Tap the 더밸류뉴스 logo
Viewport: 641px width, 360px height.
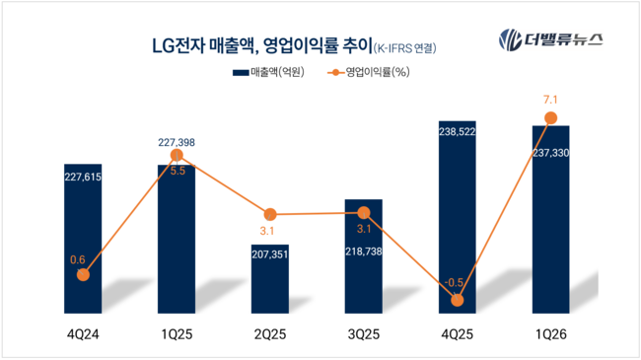[550, 40]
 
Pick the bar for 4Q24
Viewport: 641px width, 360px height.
[83, 247]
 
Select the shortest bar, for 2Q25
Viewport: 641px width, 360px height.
[269, 281]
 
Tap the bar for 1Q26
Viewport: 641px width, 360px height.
[550, 222]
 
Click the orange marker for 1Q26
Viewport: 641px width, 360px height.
[550, 118]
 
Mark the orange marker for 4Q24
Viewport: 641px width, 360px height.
[83, 274]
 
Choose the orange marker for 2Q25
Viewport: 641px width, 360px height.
[269, 214]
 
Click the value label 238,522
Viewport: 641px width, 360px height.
[456, 130]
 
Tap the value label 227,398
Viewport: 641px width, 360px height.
[176, 143]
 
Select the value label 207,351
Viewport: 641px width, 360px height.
[269, 253]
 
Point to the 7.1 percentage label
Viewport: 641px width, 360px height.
[550, 99]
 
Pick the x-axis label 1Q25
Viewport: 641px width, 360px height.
[176, 335]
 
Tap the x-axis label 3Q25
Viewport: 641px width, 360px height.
[363, 335]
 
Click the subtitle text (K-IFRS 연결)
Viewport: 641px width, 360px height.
[404, 46]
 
